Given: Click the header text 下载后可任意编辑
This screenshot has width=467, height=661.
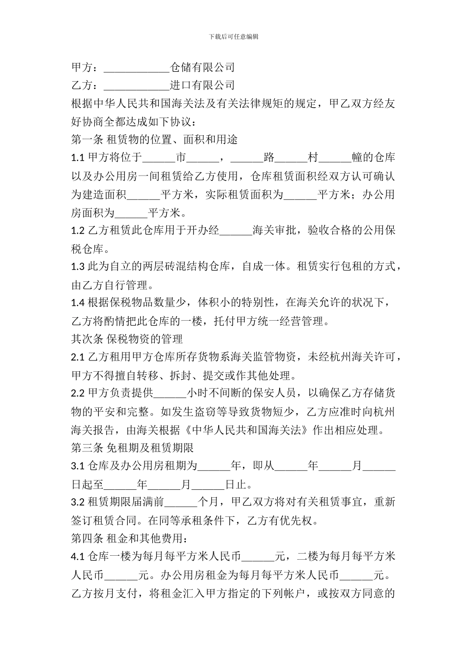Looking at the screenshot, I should (x=233, y=36).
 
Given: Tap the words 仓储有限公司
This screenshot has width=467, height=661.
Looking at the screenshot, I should (x=202, y=67).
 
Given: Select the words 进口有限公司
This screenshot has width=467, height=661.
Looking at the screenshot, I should (x=202, y=85).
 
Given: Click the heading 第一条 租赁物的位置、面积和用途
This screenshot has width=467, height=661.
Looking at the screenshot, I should (x=154, y=140).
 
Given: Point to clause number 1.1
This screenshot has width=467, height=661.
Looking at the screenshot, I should (x=78, y=158).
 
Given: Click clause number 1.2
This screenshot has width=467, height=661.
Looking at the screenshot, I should (x=78, y=230).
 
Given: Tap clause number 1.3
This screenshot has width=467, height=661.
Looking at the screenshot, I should (x=78, y=267).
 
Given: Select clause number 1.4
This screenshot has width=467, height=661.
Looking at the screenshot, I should (x=78, y=302).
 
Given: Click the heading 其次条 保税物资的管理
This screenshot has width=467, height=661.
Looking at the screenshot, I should (x=127, y=339).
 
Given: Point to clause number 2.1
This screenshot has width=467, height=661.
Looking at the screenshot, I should (x=78, y=357).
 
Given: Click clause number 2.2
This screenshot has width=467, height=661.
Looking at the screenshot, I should (x=78, y=393).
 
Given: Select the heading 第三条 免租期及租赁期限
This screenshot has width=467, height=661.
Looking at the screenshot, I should (x=133, y=448).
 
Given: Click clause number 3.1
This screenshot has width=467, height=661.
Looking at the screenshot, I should (x=78, y=466).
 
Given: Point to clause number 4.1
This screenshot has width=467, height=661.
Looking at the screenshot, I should (x=78, y=556).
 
